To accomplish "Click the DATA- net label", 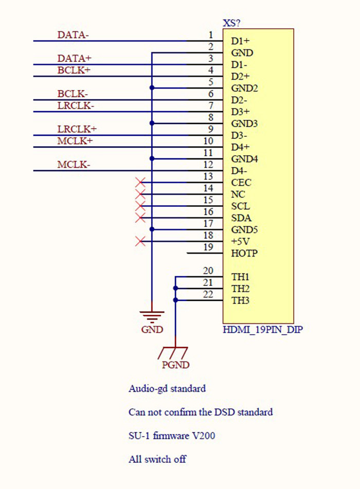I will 74,35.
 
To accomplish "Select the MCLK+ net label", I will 75,141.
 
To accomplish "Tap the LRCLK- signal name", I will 76,106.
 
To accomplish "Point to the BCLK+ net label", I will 74,70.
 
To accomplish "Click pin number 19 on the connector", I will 208,247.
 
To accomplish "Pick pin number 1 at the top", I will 210,35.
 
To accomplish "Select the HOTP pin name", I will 244,253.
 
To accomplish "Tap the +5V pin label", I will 240,242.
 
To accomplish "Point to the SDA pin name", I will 241,218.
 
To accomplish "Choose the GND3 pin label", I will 244,124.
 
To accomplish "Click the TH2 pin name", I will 240,289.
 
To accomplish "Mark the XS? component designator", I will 232,23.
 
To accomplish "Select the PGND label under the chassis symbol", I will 175,365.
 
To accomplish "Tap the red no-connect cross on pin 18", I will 139,241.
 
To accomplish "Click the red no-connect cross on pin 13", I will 139,182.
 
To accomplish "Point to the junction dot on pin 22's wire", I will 176,300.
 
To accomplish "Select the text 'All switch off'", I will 157,459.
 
